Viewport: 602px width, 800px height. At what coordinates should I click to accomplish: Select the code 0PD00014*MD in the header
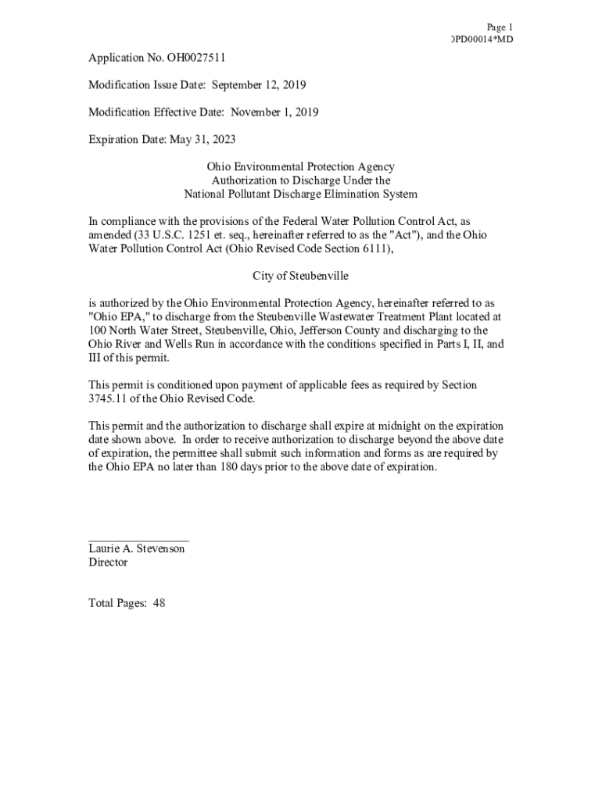click(x=482, y=40)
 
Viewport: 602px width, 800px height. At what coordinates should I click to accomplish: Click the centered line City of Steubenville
click(x=300, y=276)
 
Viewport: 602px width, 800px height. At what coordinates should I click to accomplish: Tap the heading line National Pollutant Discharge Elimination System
click(x=300, y=194)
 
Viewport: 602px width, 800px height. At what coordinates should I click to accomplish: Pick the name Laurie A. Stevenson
click(x=137, y=548)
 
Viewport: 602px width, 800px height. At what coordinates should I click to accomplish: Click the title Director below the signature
click(x=108, y=562)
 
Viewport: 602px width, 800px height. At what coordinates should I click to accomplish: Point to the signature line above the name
click(x=138, y=540)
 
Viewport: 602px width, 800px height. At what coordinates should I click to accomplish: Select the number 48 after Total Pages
click(x=159, y=603)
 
